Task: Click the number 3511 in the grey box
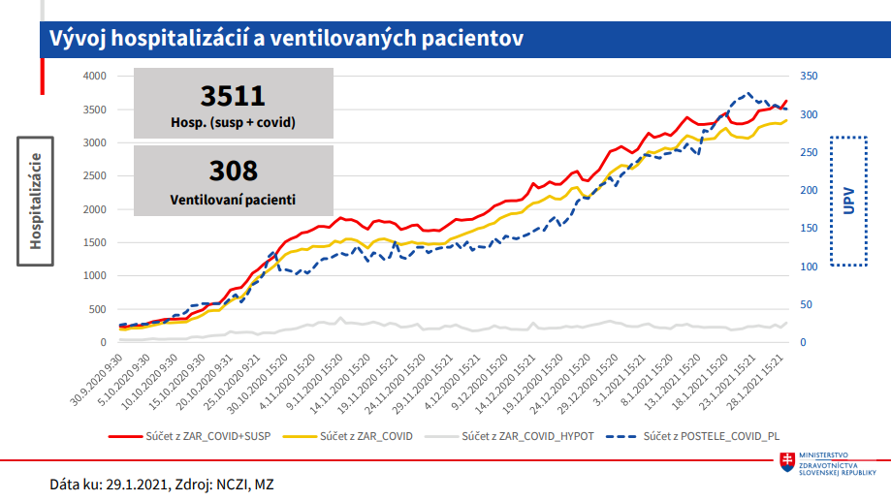point(233,95)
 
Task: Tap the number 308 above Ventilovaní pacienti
point(233,172)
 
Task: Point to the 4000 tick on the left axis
point(92,76)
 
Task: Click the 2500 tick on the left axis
point(92,176)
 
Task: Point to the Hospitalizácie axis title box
point(35,201)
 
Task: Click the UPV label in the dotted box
point(849,201)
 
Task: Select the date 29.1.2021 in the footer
point(134,483)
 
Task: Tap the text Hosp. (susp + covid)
point(233,123)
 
